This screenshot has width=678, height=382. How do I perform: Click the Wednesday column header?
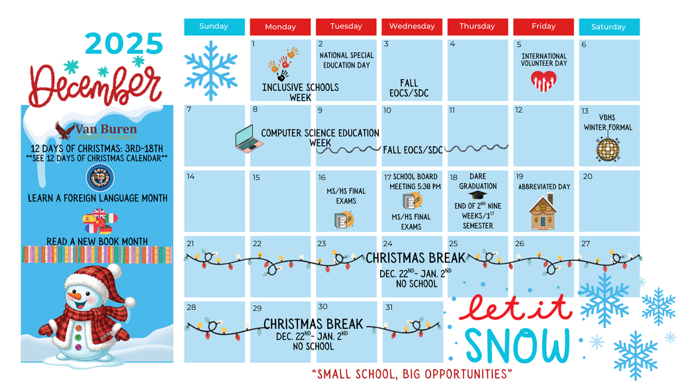click(412, 27)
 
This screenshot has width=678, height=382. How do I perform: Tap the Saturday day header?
click(608, 27)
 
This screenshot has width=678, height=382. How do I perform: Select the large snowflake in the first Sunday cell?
click(211, 70)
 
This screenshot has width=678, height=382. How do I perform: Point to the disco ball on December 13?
click(607, 149)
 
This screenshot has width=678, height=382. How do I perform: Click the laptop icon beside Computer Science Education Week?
click(249, 139)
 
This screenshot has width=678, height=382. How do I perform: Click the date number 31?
click(389, 307)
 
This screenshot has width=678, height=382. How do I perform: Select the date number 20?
click(587, 176)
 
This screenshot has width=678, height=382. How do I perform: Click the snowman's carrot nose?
click(78, 294)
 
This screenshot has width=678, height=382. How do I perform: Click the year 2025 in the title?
click(124, 44)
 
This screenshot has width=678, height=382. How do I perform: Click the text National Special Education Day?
click(346, 60)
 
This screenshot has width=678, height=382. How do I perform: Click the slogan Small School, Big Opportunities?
click(411, 374)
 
